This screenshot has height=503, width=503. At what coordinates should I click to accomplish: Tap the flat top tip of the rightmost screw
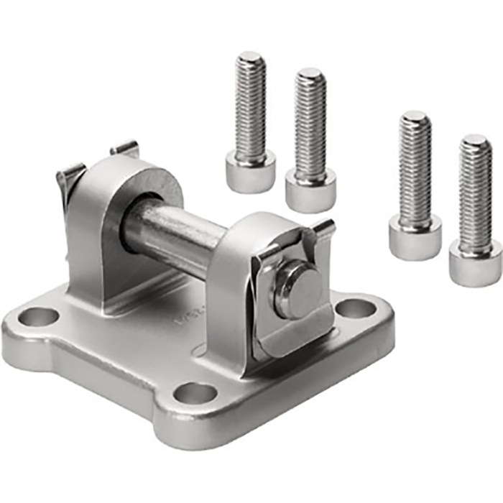[x=476, y=140]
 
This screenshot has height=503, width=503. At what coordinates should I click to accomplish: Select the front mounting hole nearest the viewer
[x=195, y=393]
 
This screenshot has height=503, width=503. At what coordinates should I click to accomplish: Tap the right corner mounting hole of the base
[x=355, y=308]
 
